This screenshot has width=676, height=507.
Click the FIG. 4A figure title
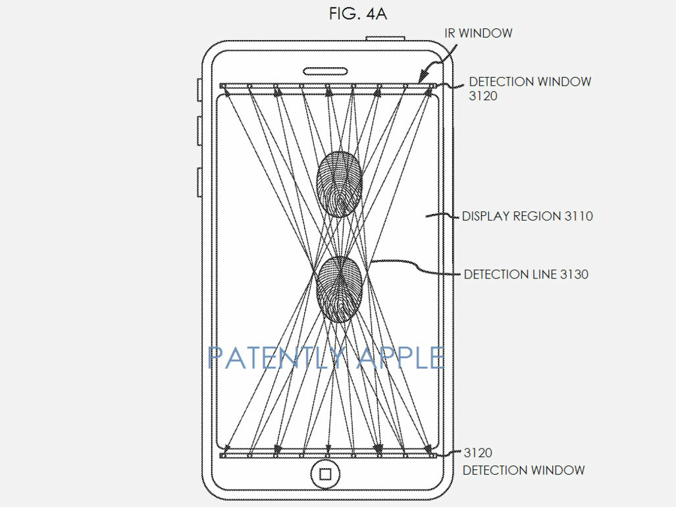357,14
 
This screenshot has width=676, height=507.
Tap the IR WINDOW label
478,33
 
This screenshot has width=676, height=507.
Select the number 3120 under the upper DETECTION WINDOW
483,95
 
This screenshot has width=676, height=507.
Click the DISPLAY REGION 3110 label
527,216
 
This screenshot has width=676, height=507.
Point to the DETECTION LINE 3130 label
526,274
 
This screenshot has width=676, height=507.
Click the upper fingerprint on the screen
339,184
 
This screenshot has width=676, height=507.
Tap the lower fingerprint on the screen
339,289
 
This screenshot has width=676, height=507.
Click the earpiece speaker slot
326,71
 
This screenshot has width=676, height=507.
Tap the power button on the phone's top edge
385,39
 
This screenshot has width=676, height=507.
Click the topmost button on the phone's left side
199,90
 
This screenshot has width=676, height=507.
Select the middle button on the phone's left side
199,130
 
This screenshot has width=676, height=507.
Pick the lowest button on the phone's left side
199,182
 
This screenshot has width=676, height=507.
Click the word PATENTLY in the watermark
276,358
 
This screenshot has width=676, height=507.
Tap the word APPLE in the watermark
400,358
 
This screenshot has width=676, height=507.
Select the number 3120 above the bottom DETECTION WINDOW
478,453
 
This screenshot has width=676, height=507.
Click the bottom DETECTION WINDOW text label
523,470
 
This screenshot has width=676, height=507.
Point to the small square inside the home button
326,475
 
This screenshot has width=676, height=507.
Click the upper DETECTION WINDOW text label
530,82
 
